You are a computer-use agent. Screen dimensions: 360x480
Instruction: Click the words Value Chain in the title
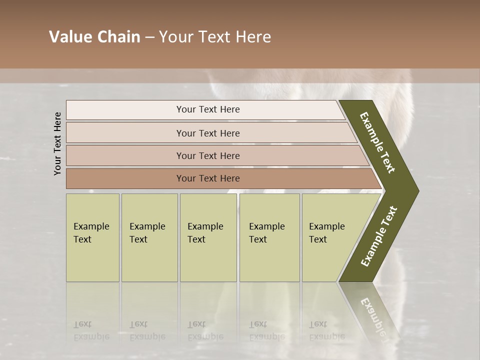[x=94, y=37]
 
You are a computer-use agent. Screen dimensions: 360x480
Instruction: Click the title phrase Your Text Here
[x=215, y=37]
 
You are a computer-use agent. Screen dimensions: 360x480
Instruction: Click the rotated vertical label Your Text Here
[x=57, y=143]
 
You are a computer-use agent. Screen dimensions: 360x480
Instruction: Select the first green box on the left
[x=92, y=237]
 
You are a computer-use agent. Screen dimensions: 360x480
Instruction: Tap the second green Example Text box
[x=149, y=237]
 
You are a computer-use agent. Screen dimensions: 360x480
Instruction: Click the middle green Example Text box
[x=208, y=237]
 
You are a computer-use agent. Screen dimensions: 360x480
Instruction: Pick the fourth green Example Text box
[x=269, y=237]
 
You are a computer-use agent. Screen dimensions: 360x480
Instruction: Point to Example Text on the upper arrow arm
[x=377, y=142]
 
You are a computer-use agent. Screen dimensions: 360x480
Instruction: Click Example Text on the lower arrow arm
[x=379, y=236]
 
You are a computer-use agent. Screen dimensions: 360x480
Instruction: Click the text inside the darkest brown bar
[x=208, y=178]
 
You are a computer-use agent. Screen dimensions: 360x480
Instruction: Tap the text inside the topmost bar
[x=208, y=109]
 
